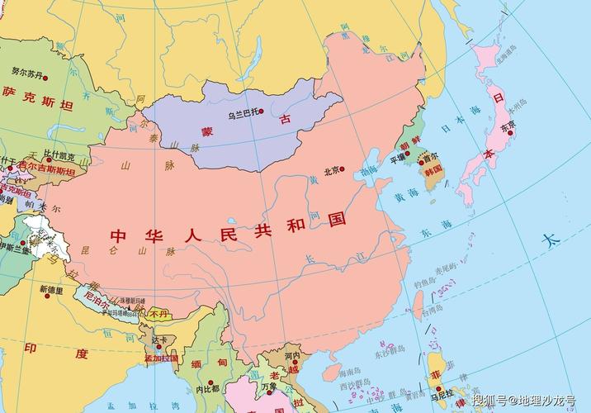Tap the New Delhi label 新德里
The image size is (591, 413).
point(50,290)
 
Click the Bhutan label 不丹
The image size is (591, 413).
point(158,314)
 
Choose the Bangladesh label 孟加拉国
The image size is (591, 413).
point(161,358)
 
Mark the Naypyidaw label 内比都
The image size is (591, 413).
point(207,388)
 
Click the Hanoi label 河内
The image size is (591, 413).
point(291,357)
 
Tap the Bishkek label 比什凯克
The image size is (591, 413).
point(59,155)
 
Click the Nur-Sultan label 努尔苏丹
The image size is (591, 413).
point(27,72)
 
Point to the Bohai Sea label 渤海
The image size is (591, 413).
point(369,170)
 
